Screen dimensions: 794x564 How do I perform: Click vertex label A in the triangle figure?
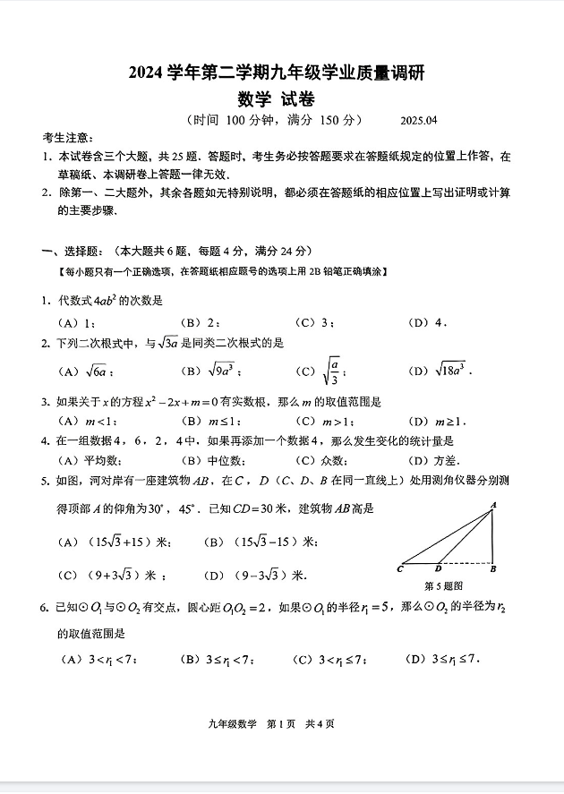492,507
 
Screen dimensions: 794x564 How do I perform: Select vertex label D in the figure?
438,568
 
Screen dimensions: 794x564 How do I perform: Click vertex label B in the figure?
493,568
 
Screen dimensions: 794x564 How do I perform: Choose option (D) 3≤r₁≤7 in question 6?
442,661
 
